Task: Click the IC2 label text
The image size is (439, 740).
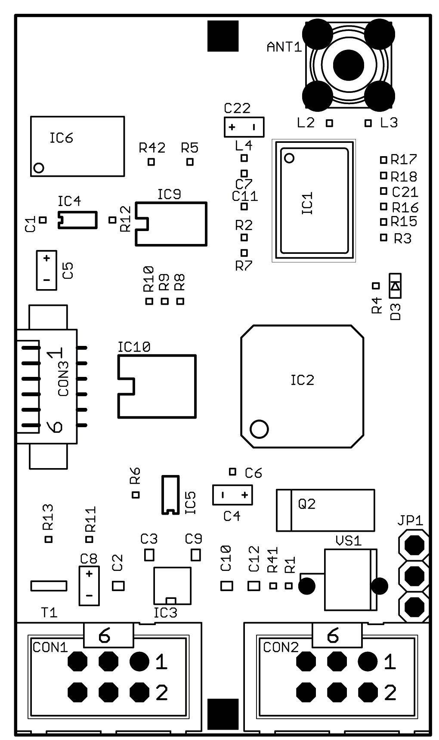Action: [302, 380]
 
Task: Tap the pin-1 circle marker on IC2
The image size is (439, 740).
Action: [259, 429]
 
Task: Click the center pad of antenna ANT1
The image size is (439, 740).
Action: [348, 65]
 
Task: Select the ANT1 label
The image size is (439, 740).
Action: [284, 47]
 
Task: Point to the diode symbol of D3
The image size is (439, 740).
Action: [395, 286]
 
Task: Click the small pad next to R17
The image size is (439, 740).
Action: [383, 160]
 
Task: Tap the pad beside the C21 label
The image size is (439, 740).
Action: [383, 191]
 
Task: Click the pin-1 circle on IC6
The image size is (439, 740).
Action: [39, 167]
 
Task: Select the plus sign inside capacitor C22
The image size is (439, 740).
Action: [232, 127]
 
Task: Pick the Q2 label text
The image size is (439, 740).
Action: [307, 504]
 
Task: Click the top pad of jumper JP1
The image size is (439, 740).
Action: [414, 545]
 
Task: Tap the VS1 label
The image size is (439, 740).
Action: [348, 541]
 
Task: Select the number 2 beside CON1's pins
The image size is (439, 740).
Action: [161, 693]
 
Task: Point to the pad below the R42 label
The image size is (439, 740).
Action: [151, 162]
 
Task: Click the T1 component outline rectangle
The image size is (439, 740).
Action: [49, 586]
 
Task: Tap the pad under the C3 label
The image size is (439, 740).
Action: [149, 555]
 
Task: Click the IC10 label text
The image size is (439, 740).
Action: [134, 347]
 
